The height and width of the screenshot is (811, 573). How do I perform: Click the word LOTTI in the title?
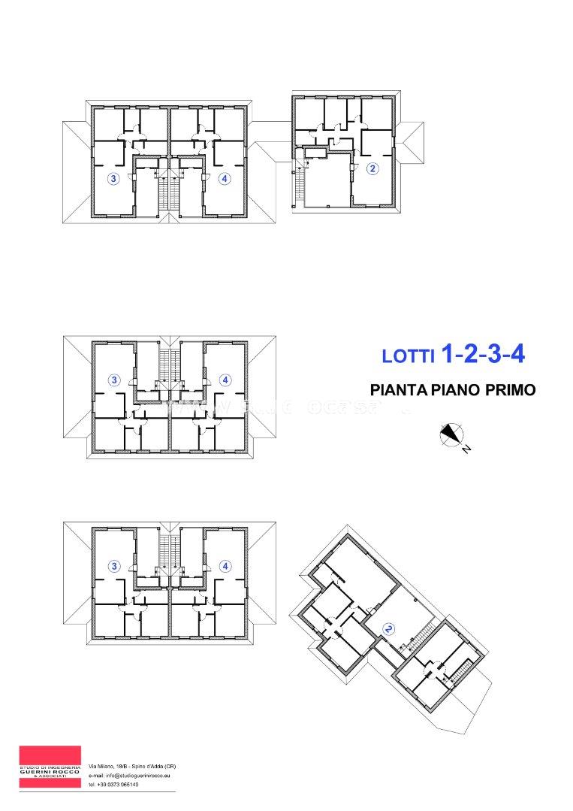coord(408,357)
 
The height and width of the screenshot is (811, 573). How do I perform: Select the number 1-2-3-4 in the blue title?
coord(482,354)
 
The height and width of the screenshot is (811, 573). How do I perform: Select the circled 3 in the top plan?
coord(113,179)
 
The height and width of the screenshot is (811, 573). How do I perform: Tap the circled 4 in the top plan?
coord(224,179)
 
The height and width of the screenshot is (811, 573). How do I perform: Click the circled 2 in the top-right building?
coord(372,169)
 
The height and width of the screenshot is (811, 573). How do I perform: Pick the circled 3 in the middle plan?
coord(114,380)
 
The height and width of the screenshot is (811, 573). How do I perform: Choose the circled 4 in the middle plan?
coord(225,380)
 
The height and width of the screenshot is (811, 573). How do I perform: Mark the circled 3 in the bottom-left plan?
coord(114,566)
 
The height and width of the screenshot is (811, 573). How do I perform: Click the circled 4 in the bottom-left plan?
coord(225,566)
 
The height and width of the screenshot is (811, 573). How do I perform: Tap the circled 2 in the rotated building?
coord(388,628)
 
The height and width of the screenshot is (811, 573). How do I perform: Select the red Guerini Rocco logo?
coord(50,767)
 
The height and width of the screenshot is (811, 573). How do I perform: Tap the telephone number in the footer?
coord(113,784)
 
